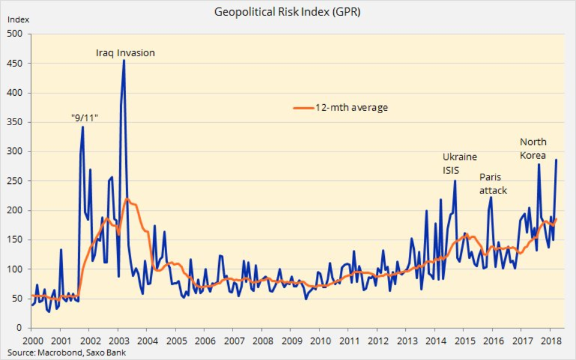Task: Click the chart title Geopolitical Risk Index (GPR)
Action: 287,11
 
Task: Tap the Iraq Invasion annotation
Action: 125,53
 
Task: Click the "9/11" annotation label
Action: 84,118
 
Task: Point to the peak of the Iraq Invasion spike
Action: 123,60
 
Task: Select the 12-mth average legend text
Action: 351,108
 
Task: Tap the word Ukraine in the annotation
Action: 460,157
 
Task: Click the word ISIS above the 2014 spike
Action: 451,170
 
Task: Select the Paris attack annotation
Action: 493,184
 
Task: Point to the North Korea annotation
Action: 533,149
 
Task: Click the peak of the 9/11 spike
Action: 83,127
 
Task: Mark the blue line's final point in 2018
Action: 556,160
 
